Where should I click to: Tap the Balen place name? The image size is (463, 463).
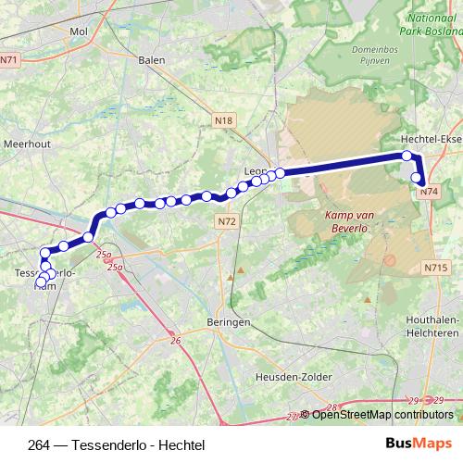click(150, 60)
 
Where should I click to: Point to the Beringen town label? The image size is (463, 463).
click(230, 321)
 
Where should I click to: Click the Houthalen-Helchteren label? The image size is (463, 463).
click(434, 326)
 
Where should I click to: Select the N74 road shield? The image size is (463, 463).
click(427, 192)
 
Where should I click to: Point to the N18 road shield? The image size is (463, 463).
click(223, 120)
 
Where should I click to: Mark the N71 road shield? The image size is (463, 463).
click(9, 59)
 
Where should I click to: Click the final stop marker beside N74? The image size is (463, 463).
click(418, 180)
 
